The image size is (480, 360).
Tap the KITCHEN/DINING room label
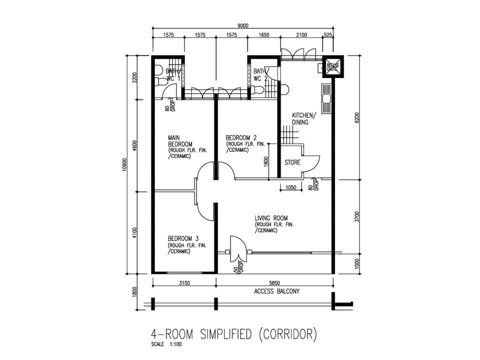303,118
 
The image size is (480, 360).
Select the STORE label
292,162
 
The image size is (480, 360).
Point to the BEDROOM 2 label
241,138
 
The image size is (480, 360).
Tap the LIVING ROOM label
271,218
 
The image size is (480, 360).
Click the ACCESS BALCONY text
276,291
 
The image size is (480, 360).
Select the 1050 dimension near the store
291,187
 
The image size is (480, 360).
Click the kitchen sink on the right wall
327,98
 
